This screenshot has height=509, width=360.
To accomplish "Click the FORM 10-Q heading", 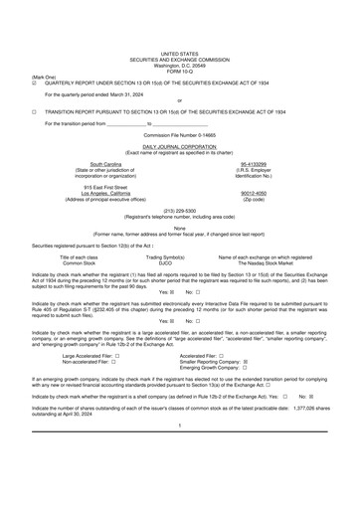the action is click(179, 70).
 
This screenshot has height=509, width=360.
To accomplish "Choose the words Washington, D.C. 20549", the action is click(179, 65).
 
